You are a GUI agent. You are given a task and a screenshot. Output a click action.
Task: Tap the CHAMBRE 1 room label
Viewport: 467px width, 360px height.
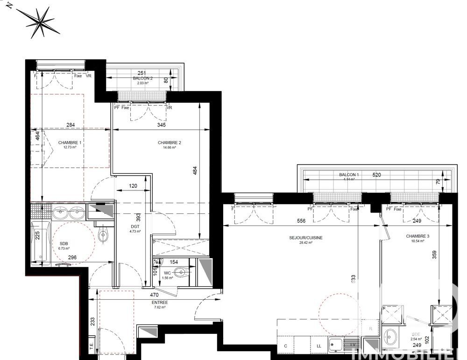click(70, 143)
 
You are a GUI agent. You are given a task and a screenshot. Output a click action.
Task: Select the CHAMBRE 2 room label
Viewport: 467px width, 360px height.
click(169, 143)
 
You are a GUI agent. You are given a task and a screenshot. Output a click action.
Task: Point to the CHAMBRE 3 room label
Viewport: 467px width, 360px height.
click(417, 236)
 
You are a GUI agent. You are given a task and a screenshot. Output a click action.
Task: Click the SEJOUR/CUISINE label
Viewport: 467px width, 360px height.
click(306, 238)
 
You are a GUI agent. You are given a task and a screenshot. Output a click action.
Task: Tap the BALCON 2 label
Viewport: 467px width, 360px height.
click(142, 78)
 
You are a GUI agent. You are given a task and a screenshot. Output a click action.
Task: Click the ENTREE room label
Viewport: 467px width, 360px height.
click(159, 302)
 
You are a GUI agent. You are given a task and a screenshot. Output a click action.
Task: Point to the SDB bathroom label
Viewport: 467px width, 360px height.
click(64, 244)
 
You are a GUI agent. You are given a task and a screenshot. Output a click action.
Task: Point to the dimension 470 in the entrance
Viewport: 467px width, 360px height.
click(154, 295)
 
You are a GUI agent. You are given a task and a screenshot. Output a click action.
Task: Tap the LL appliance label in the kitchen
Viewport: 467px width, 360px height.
click(318, 346)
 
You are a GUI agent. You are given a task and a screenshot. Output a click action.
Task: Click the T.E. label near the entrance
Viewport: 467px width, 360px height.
click(92, 346)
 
